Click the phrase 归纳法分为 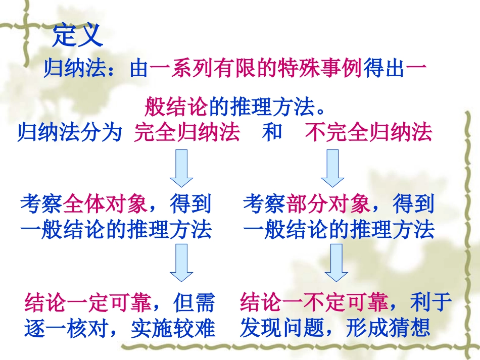(x=70, y=133)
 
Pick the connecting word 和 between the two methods (x=272, y=132)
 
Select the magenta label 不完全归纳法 (x=369, y=133)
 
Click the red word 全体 (x=84, y=204)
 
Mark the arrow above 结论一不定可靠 (x=335, y=262)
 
